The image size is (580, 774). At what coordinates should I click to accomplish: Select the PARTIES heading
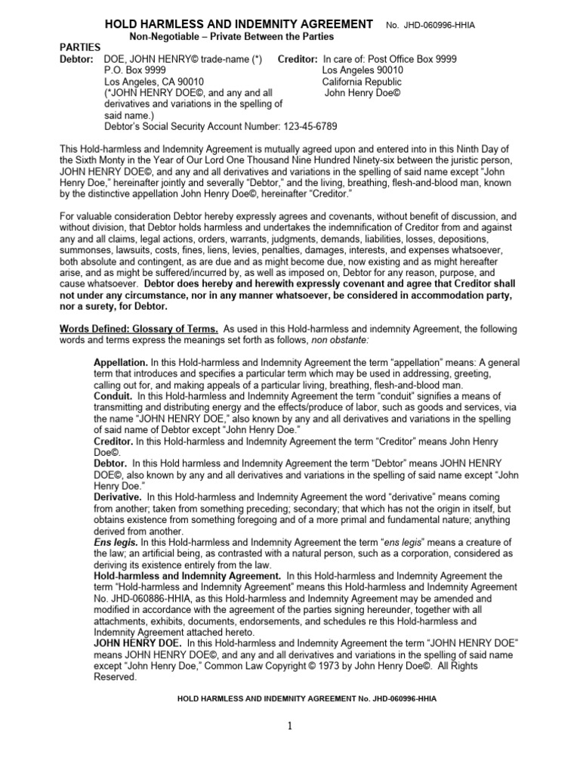click(x=82, y=48)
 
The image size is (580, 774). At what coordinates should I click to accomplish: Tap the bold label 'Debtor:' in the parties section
click(x=77, y=59)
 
